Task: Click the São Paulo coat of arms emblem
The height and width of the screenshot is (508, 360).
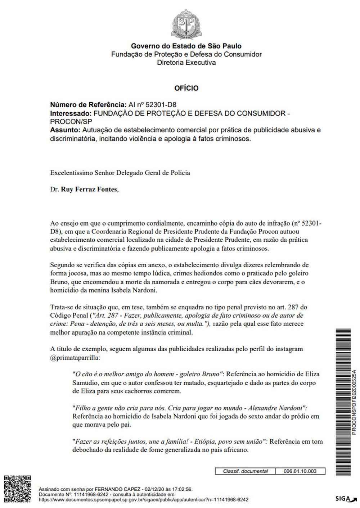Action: pyautogui.click(x=186, y=24)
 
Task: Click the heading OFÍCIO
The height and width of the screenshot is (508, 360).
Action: pyautogui.click(x=186, y=88)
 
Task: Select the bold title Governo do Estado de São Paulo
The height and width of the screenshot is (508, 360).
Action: pyautogui.click(x=186, y=46)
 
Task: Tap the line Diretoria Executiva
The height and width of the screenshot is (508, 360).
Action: pyautogui.click(x=186, y=63)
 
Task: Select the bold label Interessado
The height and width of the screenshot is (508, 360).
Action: pyautogui.click(x=71, y=113)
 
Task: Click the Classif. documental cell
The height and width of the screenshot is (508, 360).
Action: pyautogui.click(x=245, y=471)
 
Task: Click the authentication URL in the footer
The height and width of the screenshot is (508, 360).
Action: pyautogui.click(x=143, y=500)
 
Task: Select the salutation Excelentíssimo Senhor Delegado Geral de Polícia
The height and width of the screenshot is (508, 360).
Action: pyautogui.click(x=120, y=173)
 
